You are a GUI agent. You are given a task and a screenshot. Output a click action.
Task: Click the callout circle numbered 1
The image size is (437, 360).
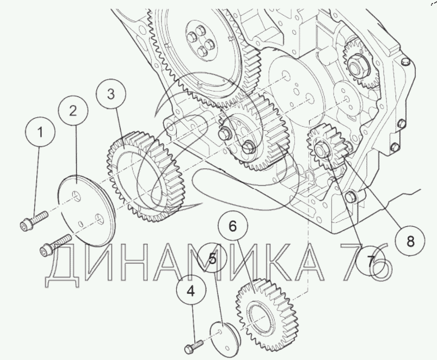(x=40, y=132)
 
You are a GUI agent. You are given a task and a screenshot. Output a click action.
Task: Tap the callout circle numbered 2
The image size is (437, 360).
(x=73, y=111)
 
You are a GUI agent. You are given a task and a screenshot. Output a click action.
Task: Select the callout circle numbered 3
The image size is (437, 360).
(x=111, y=94)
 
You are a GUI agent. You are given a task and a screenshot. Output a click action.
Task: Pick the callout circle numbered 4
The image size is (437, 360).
(x=191, y=291)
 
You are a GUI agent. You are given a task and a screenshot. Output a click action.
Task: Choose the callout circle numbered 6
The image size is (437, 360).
(x=233, y=226)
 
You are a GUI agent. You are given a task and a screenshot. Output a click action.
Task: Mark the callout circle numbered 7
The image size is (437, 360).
(x=371, y=261)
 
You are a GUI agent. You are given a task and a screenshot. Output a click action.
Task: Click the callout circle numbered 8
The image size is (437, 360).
(x=410, y=241)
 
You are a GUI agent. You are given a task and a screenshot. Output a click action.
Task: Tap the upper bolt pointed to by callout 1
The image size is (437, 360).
(x=34, y=221)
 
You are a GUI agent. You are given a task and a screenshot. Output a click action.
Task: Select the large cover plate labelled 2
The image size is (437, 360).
(x=87, y=211)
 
